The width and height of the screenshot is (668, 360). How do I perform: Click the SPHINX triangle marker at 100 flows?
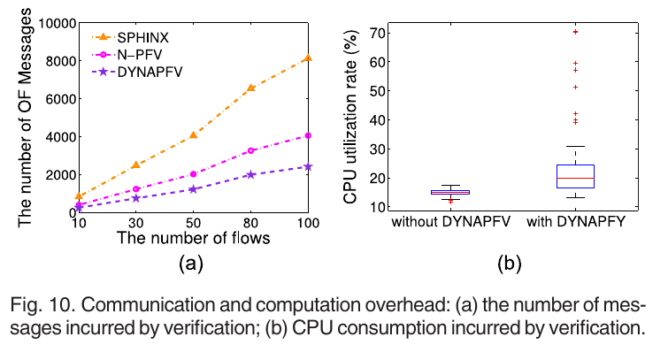tap(307, 58)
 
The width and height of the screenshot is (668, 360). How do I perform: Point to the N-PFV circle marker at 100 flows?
tap(307, 135)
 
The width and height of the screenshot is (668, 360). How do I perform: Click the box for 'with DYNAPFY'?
tap(575, 176)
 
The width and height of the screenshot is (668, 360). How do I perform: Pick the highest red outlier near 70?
tap(575, 32)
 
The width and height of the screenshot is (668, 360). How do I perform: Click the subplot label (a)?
tap(193, 263)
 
